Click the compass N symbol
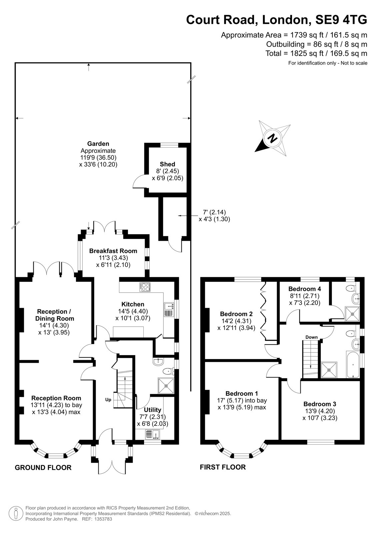pyautogui.click(x=272, y=138)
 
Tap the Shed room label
pyautogui.click(x=167, y=164)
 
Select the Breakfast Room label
pyautogui.click(x=113, y=251)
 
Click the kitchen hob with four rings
pyautogui.click(x=145, y=287)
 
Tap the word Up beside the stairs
pyautogui.click(x=108, y=400)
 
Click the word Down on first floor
pyautogui.click(x=312, y=337)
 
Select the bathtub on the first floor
pyautogui.click(x=353, y=364)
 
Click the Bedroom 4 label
pyautogui.click(x=305, y=289)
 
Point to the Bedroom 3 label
pyautogui.click(x=320, y=404)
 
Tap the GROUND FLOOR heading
pyautogui.click(x=43, y=468)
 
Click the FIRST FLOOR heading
pyautogui.click(x=223, y=467)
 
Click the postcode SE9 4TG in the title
pyautogui.click(x=341, y=20)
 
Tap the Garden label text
pyautogui.click(x=98, y=144)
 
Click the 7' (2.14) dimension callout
pyautogui.click(x=214, y=212)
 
